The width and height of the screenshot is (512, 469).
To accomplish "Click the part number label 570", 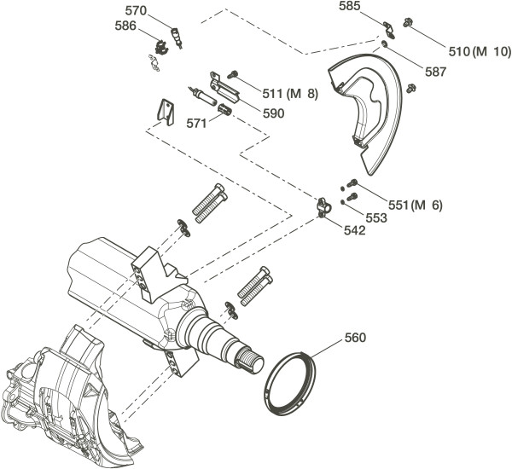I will (135, 11).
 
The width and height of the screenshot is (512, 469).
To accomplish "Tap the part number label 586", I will (126, 26).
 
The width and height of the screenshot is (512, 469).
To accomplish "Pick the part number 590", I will (274, 113).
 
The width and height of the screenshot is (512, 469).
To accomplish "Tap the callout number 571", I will (197, 123).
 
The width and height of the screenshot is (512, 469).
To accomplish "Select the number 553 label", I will (376, 217).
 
